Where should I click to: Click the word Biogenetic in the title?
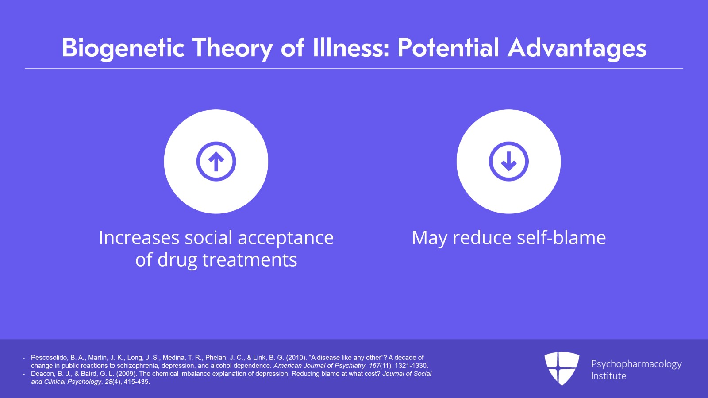pyautogui.click(x=123, y=48)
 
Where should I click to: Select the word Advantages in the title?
pyautogui.click(x=577, y=48)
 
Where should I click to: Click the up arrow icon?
pyautogui.click(x=216, y=162)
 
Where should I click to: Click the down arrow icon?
pyautogui.click(x=508, y=162)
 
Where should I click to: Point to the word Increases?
pyautogui.click(x=139, y=238)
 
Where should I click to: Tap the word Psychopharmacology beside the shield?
pyautogui.click(x=636, y=364)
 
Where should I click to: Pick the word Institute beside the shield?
pyautogui.click(x=608, y=376)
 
